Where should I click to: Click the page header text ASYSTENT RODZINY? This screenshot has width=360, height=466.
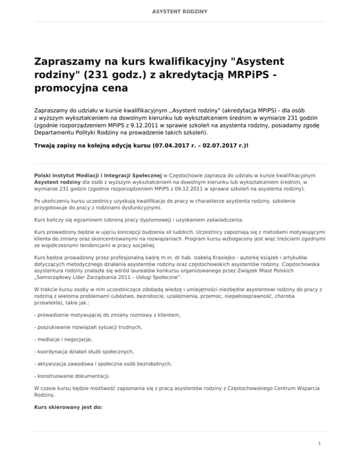point(180,10)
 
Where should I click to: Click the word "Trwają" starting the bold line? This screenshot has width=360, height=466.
point(46,146)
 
